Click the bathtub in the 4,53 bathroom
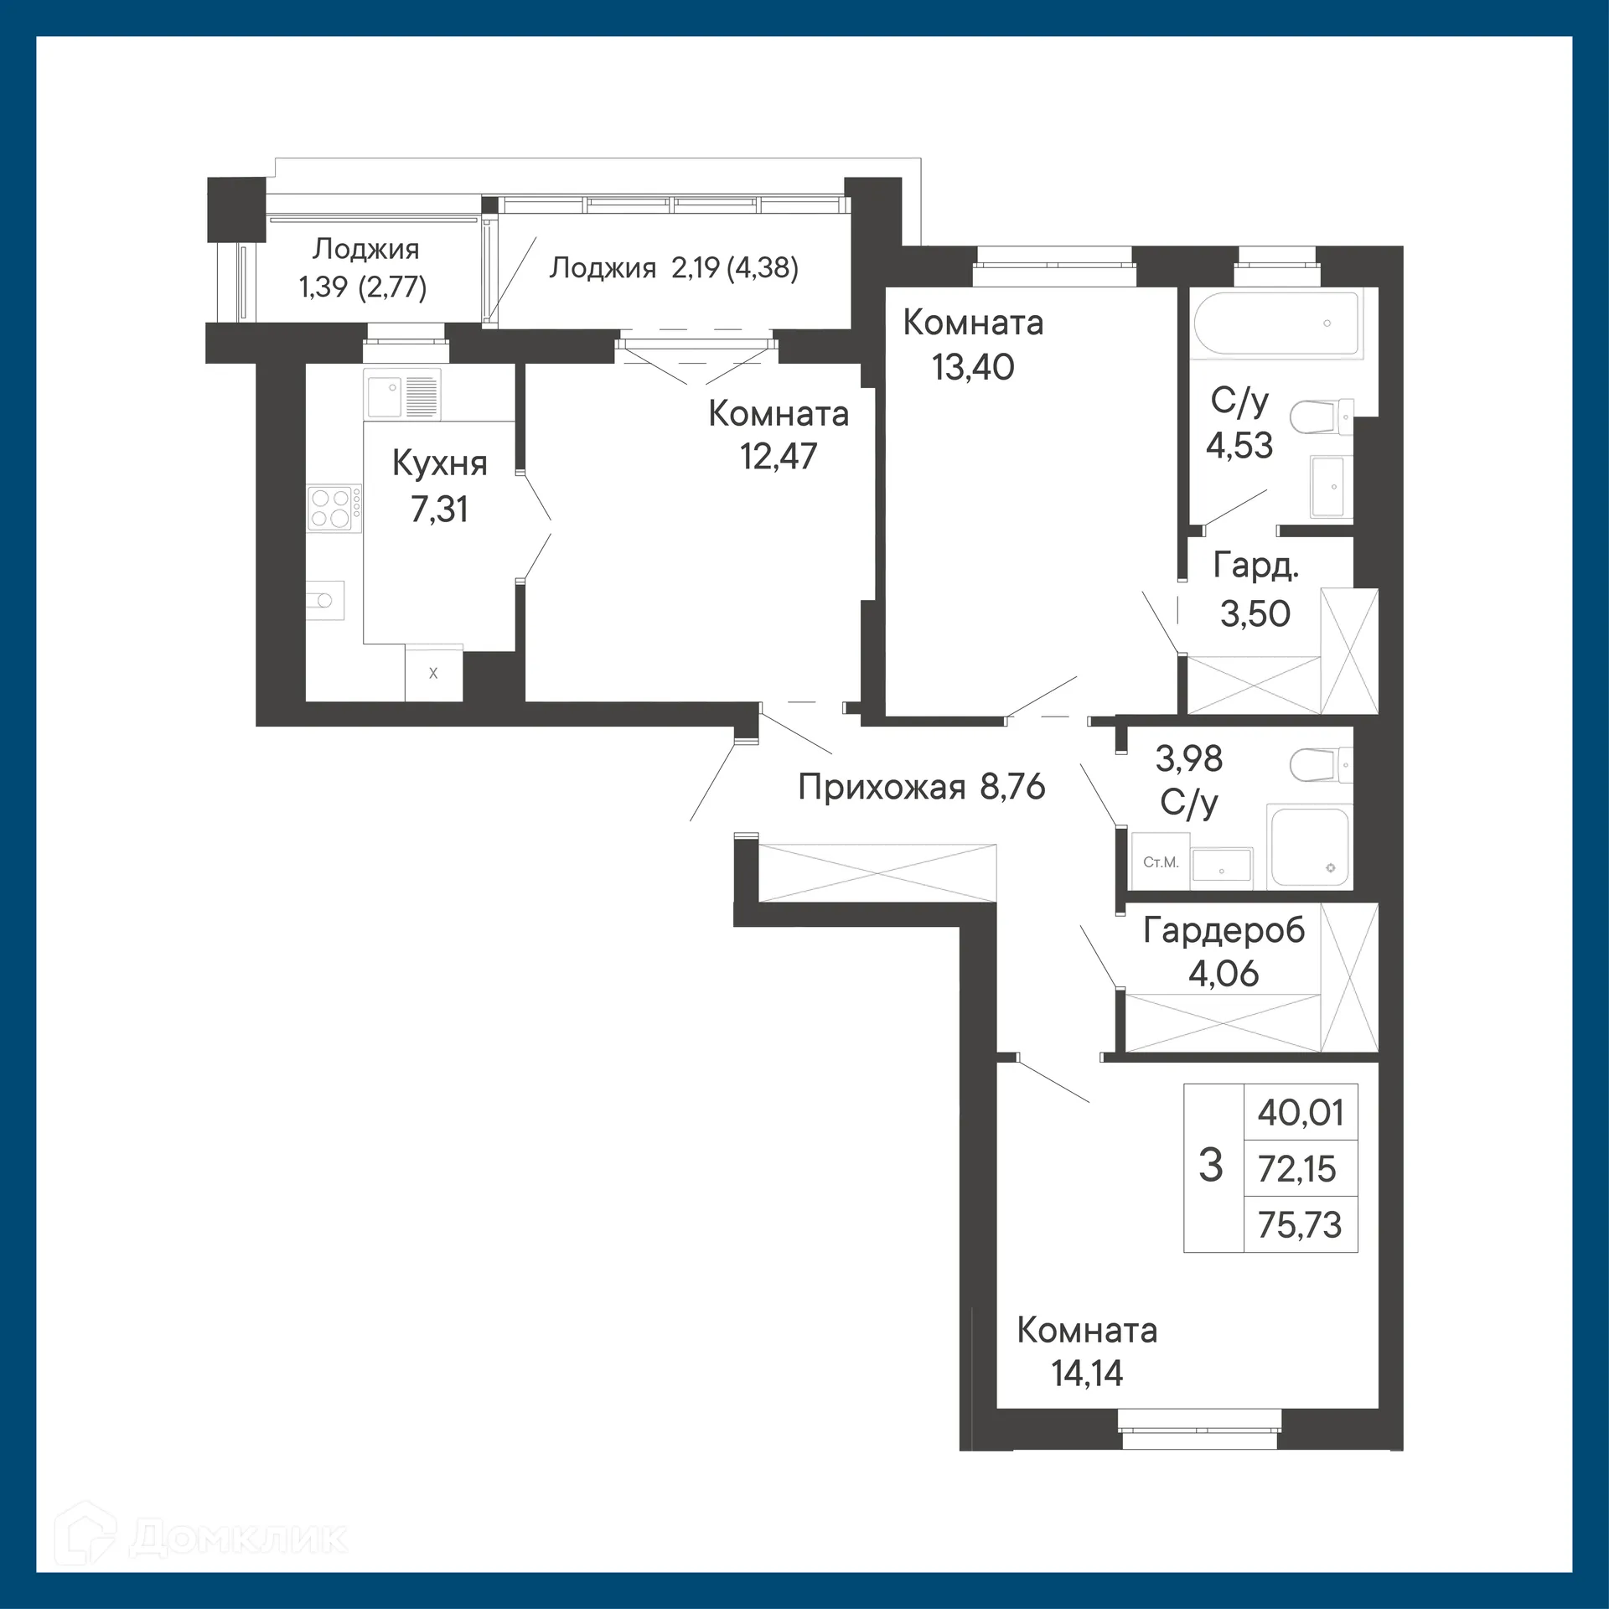[1277, 323]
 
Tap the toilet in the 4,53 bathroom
[1318, 416]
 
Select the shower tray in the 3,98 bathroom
[1308, 846]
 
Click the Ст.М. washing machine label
[1161, 862]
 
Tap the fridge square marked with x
[433, 673]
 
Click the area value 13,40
[973, 367]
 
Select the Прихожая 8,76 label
[921, 787]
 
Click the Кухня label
[439, 463]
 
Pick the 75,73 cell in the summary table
[1300, 1225]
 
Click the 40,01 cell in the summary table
[1300, 1113]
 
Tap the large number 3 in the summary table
[1211, 1166]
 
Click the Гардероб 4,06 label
[1224, 951]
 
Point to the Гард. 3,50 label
[1255, 591]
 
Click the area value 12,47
[778, 457]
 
